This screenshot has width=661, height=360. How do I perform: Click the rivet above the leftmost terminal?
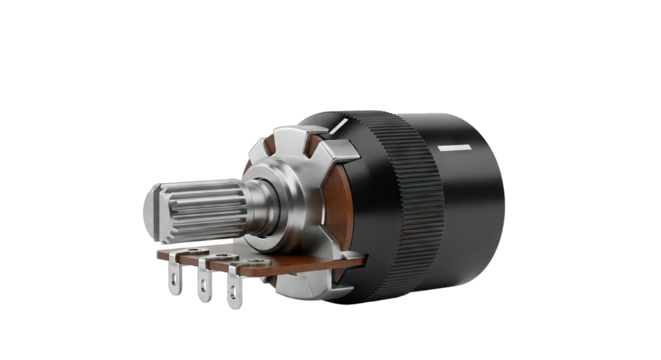180,254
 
